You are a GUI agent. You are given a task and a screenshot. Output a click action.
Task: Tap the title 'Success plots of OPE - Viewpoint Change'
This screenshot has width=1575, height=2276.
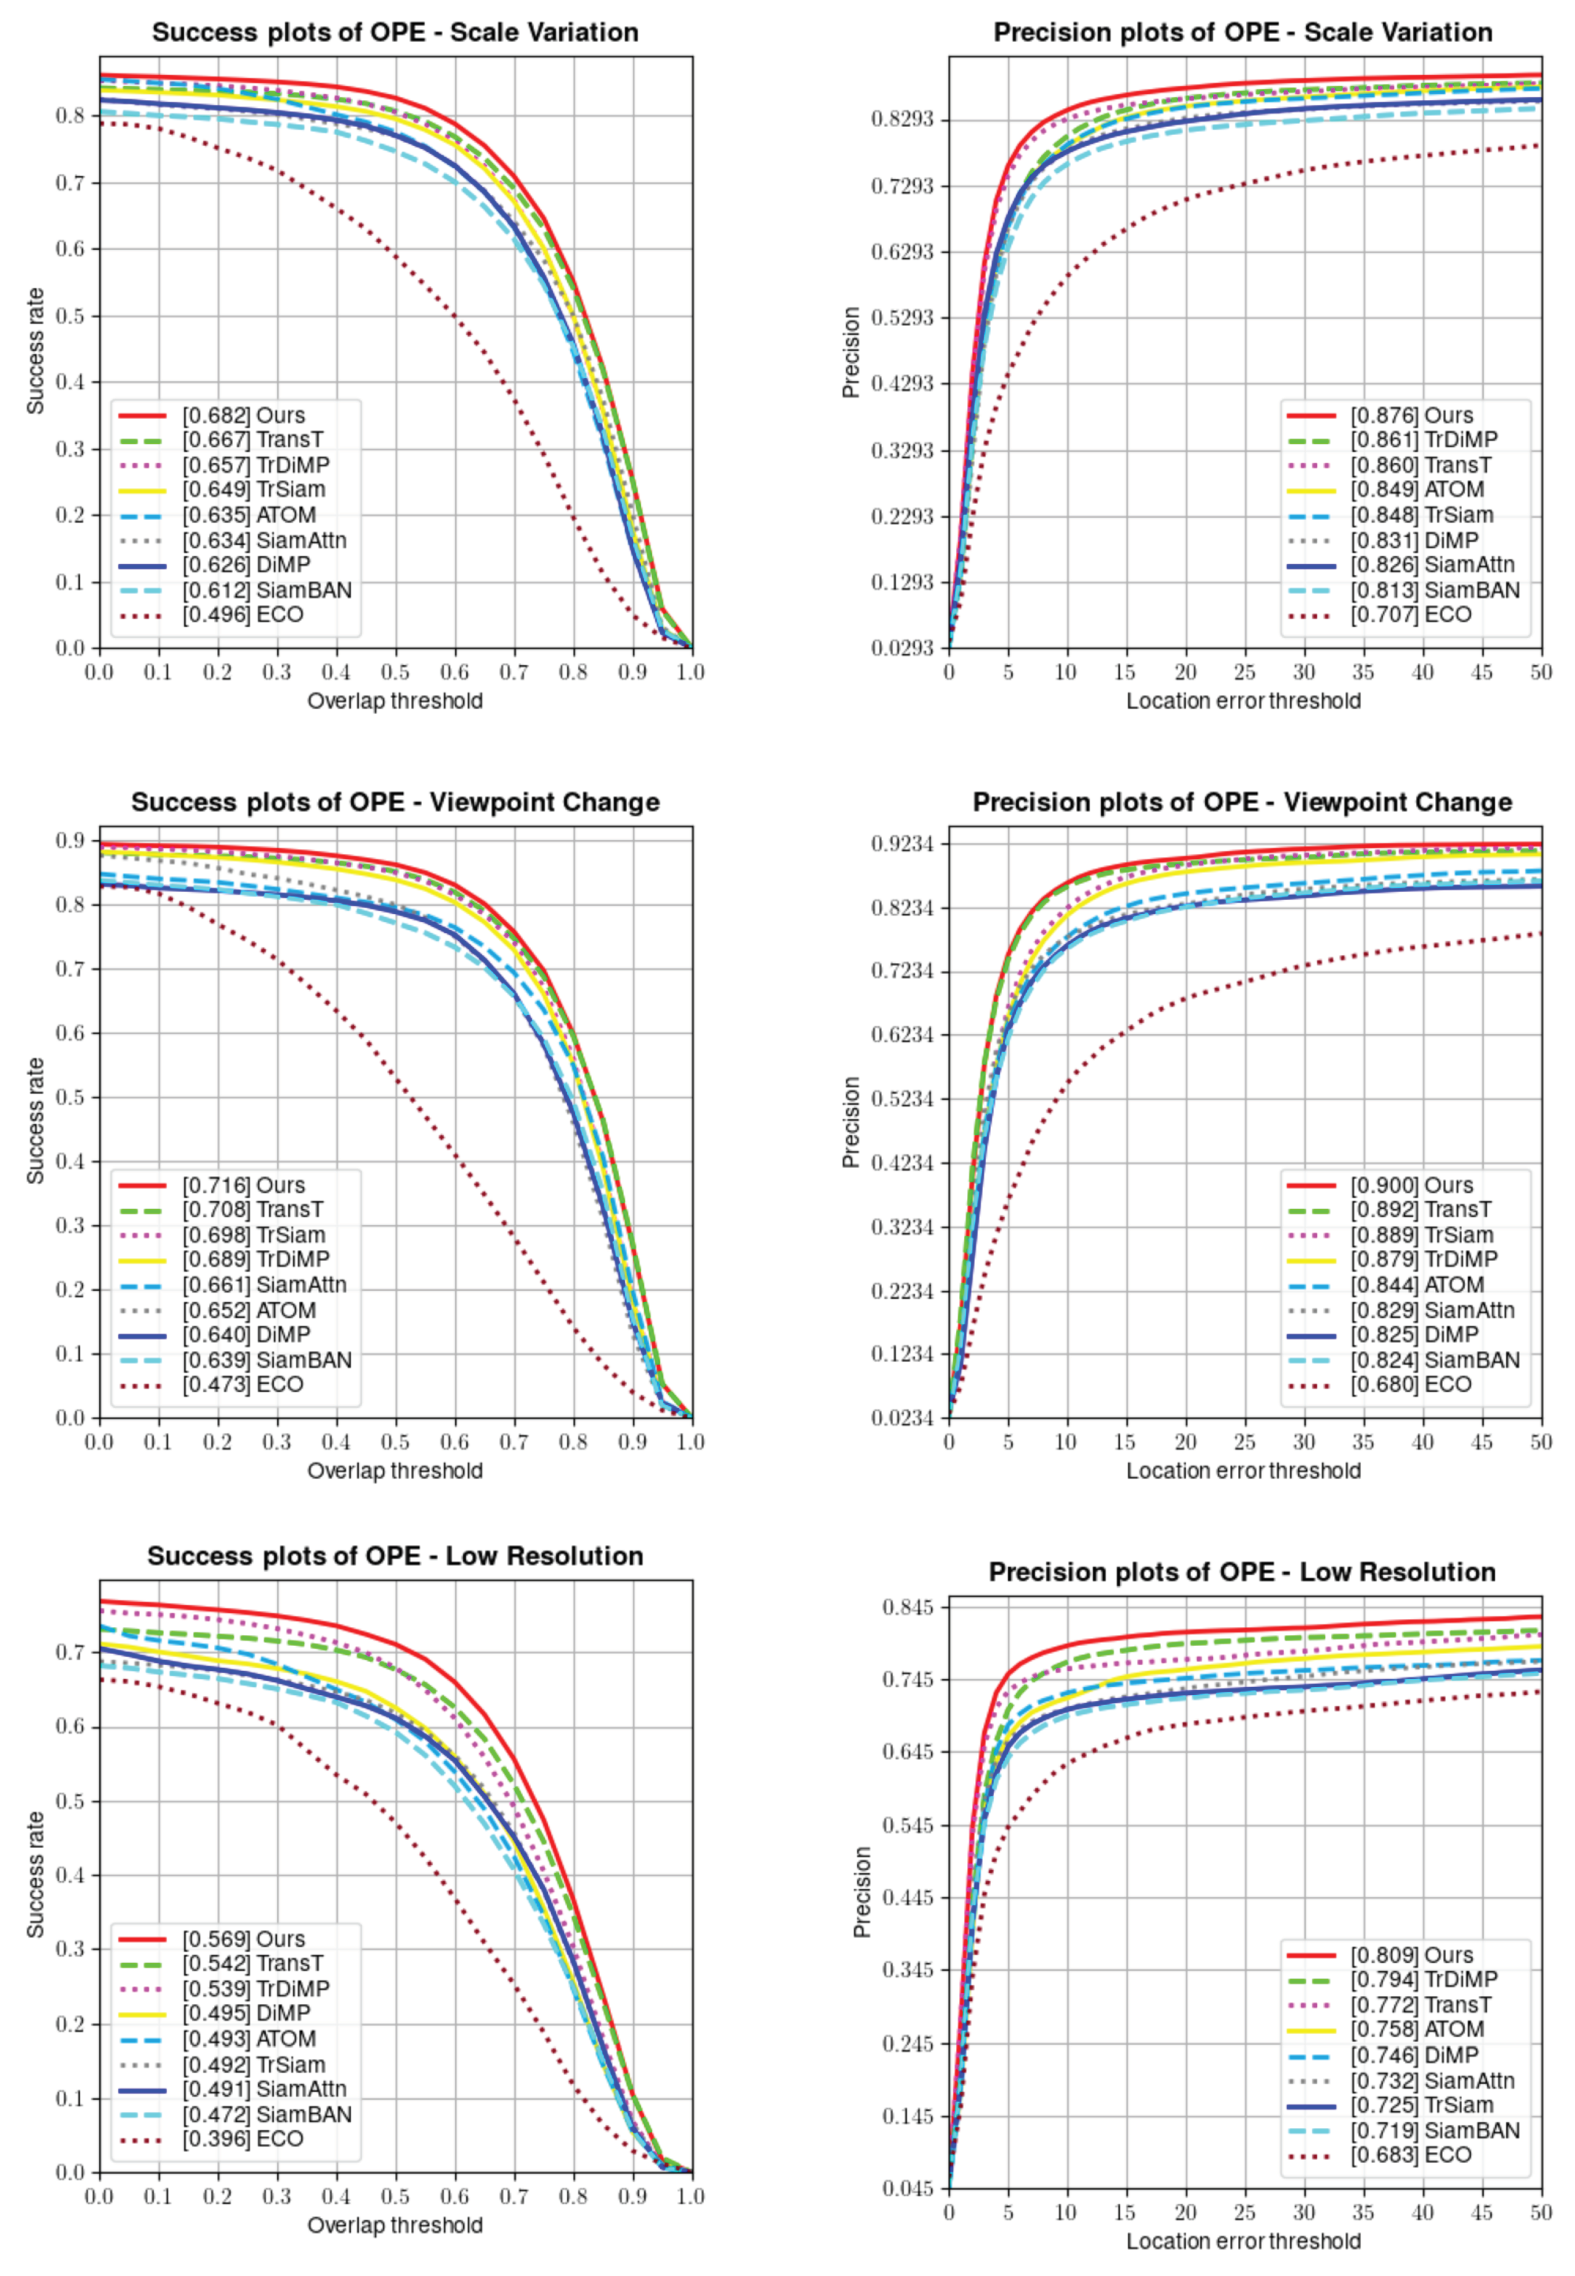tap(395, 802)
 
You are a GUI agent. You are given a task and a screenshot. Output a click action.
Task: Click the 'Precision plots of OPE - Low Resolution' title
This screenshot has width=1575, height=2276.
tap(1242, 1572)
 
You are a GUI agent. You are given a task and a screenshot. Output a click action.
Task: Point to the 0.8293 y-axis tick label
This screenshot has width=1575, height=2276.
tap(902, 120)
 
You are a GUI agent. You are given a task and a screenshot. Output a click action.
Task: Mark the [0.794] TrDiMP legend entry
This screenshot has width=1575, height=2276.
tap(1423, 1980)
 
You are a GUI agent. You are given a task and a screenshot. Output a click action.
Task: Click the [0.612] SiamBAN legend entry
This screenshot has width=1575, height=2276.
tap(267, 590)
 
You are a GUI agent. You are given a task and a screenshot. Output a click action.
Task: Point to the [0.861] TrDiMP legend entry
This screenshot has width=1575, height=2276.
tap(1423, 440)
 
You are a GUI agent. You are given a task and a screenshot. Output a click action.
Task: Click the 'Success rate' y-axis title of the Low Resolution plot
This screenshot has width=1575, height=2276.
tap(35, 1875)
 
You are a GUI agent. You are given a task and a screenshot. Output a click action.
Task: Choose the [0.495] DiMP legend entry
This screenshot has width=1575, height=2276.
tap(245, 2014)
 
